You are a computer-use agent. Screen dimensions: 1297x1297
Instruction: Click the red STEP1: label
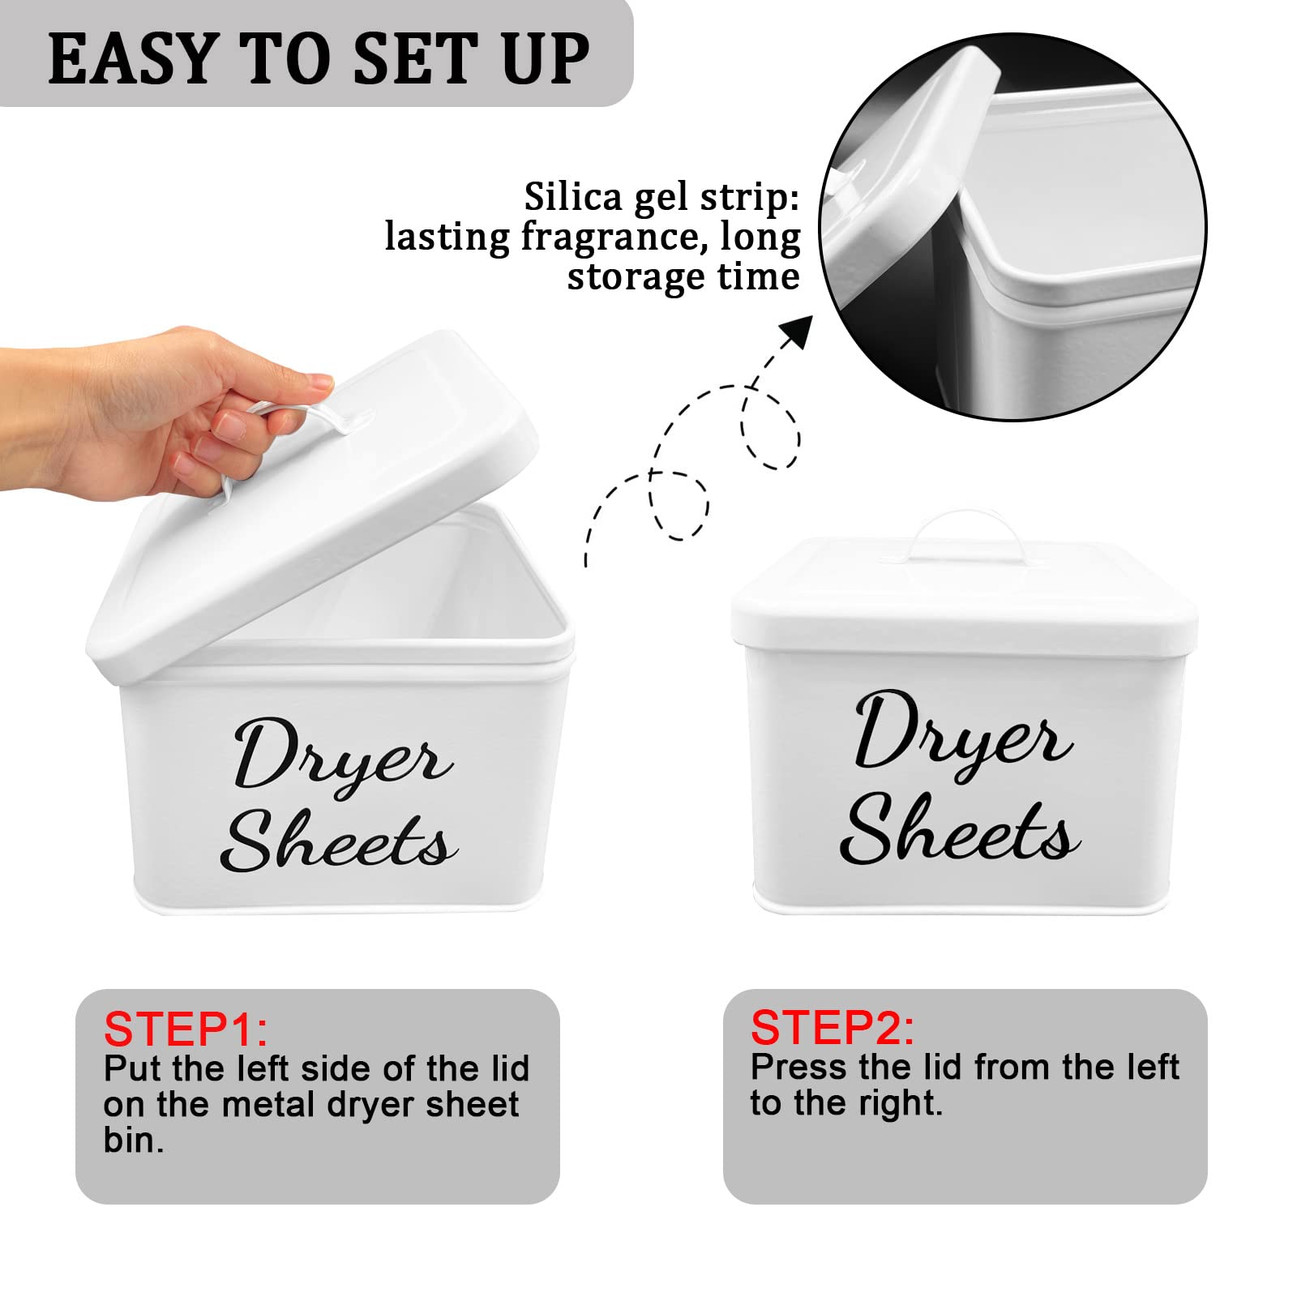(186, 1029)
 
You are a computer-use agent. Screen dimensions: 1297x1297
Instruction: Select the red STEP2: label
(833, 1028)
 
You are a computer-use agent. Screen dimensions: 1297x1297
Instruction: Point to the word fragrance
(607, 238)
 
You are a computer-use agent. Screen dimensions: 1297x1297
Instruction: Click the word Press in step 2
(799, 1068)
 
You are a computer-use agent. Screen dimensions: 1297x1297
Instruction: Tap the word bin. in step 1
(134, 1140)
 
